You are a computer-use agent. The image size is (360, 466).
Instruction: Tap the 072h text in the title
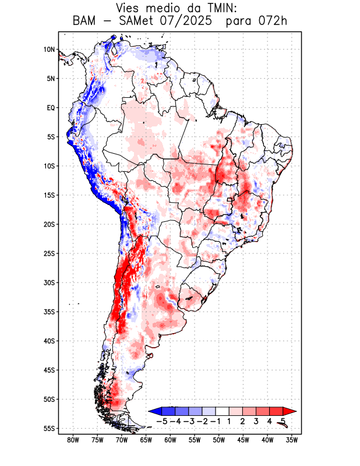coord(271,22)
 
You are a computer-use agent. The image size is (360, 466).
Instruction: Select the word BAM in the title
coord(85,22)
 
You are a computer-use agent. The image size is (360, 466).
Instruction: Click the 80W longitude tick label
coord(73,440)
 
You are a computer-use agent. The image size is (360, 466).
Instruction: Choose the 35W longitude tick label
coord(292,440)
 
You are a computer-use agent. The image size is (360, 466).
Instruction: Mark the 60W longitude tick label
coord(170,440)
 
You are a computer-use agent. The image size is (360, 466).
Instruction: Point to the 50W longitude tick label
coord(219,440)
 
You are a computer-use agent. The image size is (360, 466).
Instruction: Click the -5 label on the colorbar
coord(162,421)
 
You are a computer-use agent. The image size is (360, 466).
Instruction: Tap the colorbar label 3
coord(256,421)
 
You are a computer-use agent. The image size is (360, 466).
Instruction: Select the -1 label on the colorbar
coord(216,421)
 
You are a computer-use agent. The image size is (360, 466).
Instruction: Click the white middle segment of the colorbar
coord(223,411)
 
